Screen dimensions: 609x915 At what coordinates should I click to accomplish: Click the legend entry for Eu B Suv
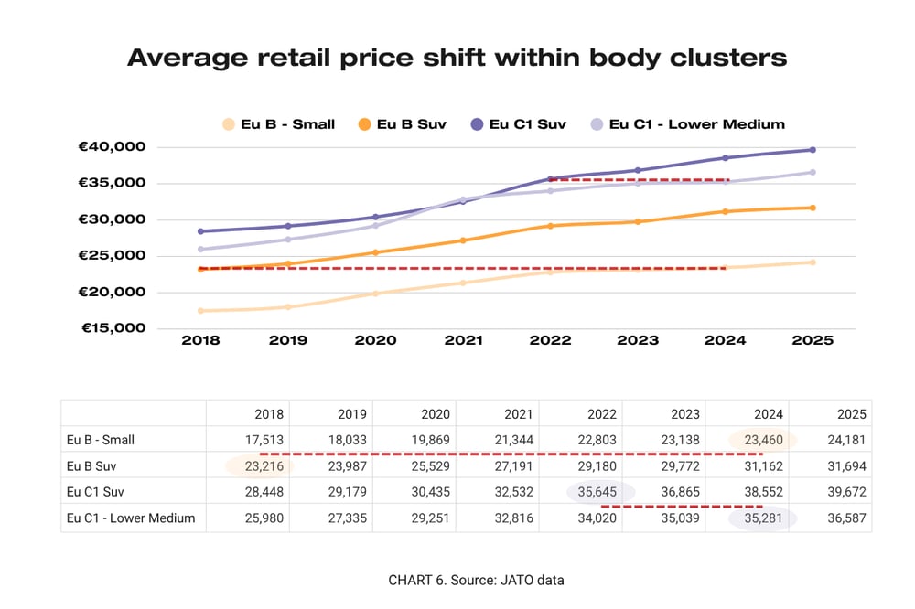point(403,123)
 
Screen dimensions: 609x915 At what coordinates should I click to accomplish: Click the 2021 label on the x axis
point(463,340)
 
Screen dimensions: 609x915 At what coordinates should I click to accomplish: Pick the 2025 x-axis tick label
point(812,340)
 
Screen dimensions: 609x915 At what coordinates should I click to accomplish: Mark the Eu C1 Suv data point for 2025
point(812,150)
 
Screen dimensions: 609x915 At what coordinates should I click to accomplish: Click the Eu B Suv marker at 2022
point(550,225)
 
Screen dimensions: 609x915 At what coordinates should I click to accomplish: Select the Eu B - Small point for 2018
point(200,311)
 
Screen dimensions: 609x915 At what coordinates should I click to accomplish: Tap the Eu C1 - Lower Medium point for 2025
point(812,172)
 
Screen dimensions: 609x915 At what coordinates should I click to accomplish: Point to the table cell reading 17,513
point(265,440)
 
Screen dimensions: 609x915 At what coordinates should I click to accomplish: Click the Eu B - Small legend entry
point(278,123)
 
